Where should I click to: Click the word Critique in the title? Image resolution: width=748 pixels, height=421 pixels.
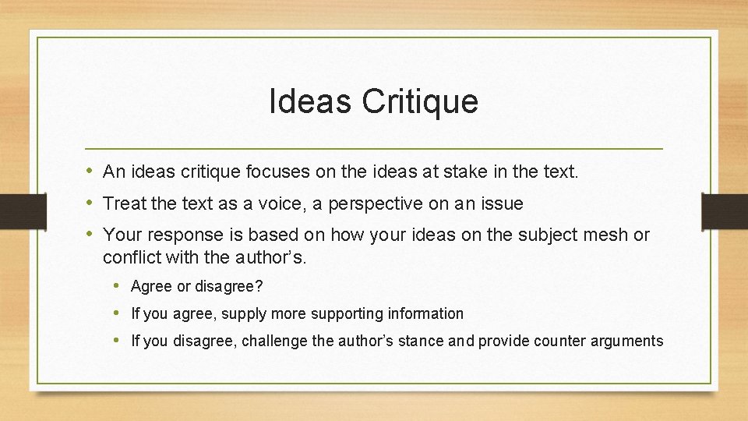point(420,102)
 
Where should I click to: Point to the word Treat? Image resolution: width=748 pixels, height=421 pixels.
point(124,203)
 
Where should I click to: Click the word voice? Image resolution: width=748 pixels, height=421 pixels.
point(277,203)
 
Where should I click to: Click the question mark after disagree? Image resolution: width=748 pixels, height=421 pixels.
point(259,286)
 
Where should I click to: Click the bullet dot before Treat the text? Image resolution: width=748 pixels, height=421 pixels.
point(90,203)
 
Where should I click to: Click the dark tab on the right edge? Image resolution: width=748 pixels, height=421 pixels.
point(725,210)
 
